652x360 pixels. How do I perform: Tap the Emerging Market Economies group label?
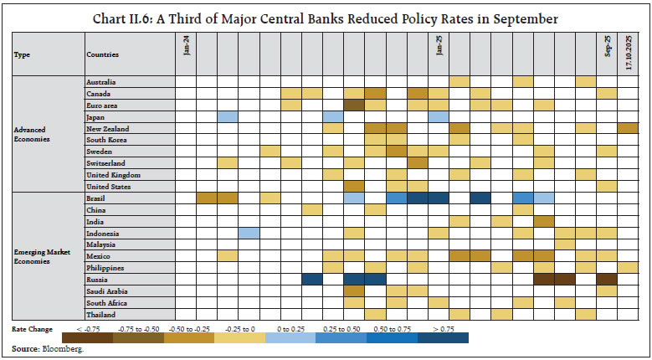coord(39,256)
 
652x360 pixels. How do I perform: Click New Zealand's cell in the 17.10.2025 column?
coord(628,128)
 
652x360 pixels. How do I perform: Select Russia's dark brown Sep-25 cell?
coord(607,279)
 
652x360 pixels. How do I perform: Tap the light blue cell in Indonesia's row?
coord(249,233)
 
